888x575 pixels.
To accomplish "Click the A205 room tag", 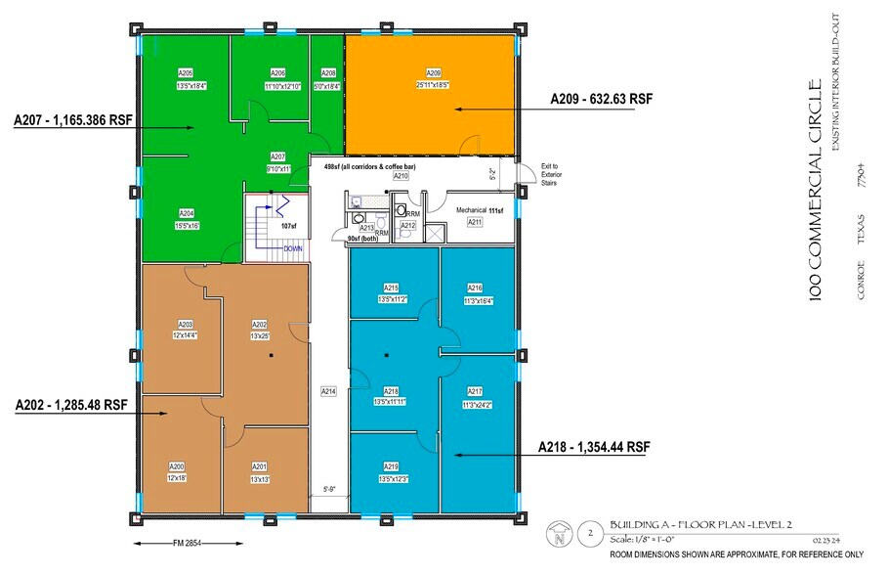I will coord(186,73).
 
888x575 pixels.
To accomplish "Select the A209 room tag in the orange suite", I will coord(434,73).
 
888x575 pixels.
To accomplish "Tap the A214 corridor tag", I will coord(329,391).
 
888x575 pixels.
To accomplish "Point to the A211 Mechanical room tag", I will coord(475,223).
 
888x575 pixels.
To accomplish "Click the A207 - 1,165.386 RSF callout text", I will coord(73,122).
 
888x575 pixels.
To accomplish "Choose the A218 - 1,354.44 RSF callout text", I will coord(594,447).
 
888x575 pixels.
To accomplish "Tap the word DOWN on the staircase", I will coord(293,248).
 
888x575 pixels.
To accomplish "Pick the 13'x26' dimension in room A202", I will coord(260,335).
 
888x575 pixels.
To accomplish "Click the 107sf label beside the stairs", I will coord(288,226).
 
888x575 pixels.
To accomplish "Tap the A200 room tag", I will coord(177,465).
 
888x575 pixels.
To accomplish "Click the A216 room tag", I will coord(475,288).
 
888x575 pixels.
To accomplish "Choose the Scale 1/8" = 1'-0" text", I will coord(652,539).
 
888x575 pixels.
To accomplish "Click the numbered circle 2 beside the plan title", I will coord(589,534).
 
